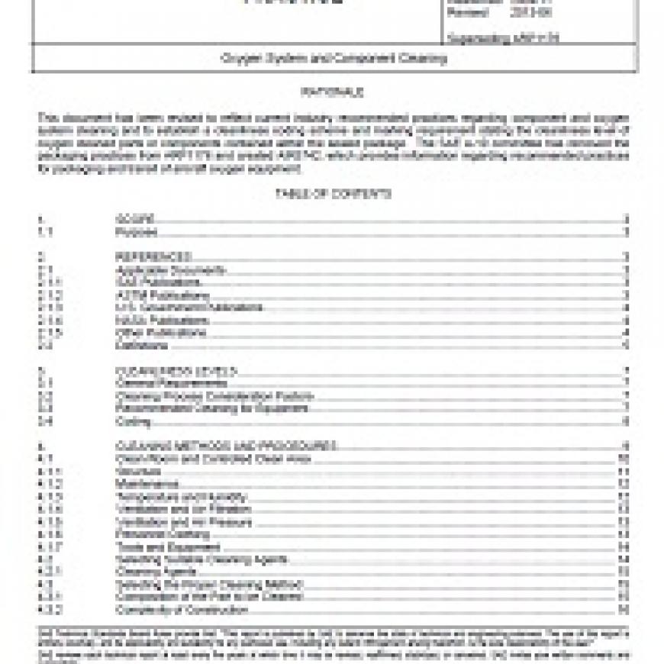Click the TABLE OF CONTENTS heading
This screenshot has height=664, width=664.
[x=332, y=194]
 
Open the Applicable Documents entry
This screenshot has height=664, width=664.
[x=170, y=269]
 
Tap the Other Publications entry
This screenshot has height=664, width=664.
[x=160, y=333]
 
